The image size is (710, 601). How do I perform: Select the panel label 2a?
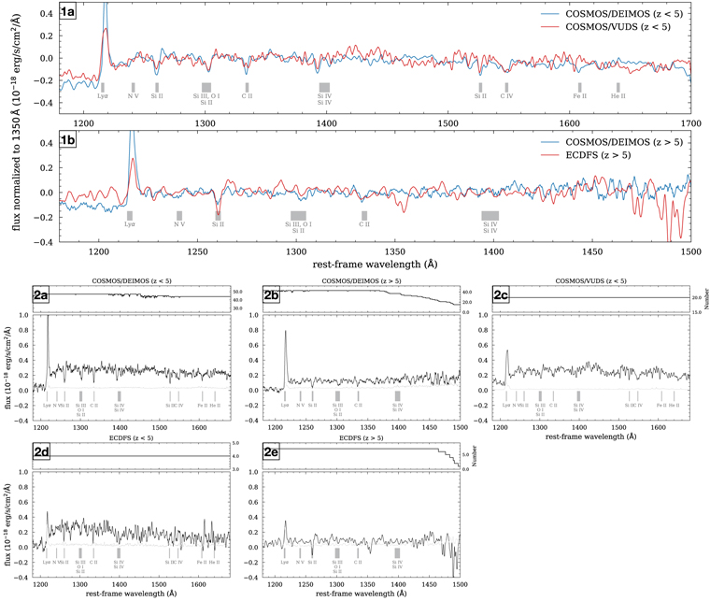(x=41, y=295)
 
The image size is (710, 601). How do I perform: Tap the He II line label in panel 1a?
(x=618, y=95)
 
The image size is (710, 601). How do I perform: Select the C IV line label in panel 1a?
(x=507, y=95)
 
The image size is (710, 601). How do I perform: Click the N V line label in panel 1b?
(x=178, y=224)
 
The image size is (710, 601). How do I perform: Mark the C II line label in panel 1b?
(x=365, y=224)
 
